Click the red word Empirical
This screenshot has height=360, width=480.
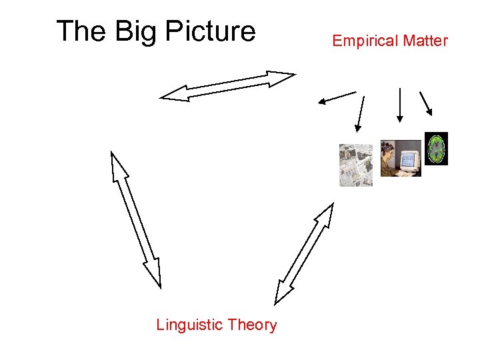[x=364, y=41]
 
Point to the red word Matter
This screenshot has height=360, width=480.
[x=425, y=41]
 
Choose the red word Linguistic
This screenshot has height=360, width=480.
[x=189, y=325]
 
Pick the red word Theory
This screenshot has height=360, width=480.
[x=251, y=325]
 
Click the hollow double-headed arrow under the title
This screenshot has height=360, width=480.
[x=227, y=86]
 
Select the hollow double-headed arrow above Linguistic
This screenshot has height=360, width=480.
[x=136, y=219]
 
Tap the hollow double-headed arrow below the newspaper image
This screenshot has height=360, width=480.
[x=304, y=253]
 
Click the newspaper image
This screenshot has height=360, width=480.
[x=356, y=165]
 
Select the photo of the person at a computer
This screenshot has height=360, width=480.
[x=400, y=159]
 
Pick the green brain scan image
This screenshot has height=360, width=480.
[x=436, y=148]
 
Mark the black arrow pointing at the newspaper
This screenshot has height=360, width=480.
[x=361, y=113]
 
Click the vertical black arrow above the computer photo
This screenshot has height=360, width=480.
[x=399, y=105]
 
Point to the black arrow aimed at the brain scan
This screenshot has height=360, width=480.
[x=426, y=103]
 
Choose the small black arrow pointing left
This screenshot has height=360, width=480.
[x=337, y=97]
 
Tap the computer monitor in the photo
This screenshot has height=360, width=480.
[x=409, y=161]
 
